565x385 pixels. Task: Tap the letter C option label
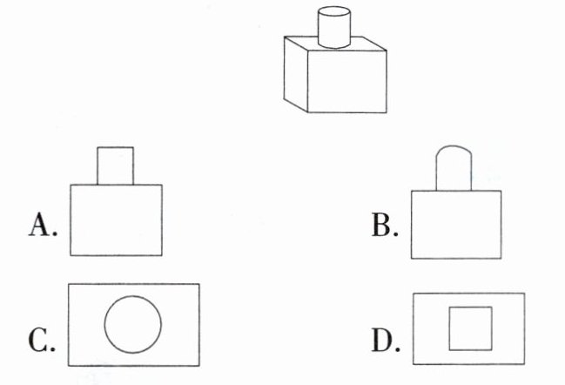(x=42, y=341)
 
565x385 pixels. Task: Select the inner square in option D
(x=470, y=328)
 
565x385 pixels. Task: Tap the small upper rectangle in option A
(x=115, y=165)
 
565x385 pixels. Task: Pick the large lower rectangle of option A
(x=117, y=220)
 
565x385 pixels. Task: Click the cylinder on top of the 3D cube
(x=333, y=28)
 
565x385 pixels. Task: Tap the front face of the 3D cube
(x=347, y=81)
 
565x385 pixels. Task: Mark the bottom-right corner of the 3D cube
(x=387, y=112)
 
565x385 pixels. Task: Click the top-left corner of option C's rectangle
(x=68, y=284)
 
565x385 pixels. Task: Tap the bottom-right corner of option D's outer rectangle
(x=524, y=361)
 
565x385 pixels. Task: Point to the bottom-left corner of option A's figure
(x=71, y=255)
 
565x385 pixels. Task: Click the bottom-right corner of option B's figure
(x=501, y=257)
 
